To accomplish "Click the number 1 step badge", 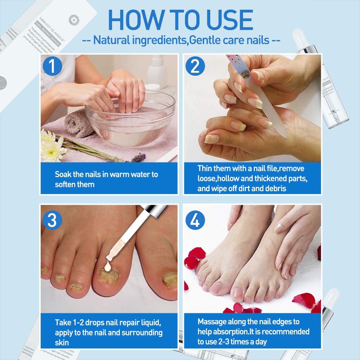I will [53, 67].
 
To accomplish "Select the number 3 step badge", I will [53, 220].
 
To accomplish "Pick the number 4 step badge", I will [195, 220].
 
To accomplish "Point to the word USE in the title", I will [226, 21].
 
